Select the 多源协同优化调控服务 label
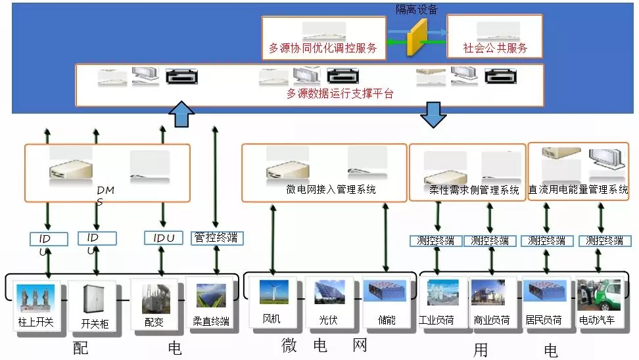pos(323,48)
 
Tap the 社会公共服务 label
pos(494,48)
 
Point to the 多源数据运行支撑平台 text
pos(340,94)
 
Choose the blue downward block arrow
pos(433,114)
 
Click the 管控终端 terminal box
pos(216,238)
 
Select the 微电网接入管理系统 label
pos(331,190)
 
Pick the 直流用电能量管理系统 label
pos(579,190)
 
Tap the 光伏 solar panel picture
pos(329,293)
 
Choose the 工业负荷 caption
pos(437,320)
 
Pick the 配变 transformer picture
pos(154,297)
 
